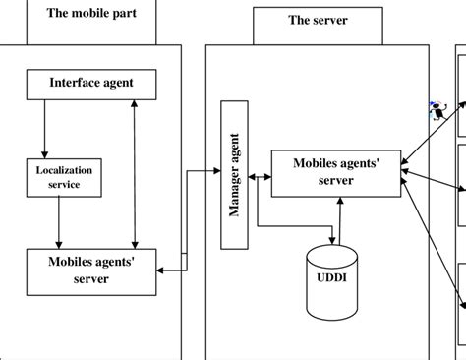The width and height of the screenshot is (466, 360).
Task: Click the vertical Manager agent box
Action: pos(235,178)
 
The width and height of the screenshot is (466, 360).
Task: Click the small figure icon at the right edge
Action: pos(439,112)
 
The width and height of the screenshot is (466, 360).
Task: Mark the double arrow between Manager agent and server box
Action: pos(259,177)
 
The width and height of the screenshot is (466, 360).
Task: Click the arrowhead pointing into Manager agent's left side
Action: pos(218,171)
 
